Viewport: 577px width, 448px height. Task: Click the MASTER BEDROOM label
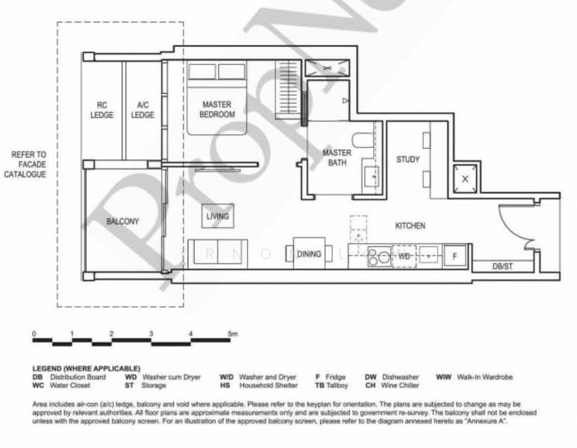[x=216, y=110]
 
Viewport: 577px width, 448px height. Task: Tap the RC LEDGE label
[x=102, y=110]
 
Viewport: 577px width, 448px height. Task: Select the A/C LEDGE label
[x=143, y=110]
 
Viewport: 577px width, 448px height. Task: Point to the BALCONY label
[x=122, y=222]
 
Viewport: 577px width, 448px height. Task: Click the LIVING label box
[x=217, y=217]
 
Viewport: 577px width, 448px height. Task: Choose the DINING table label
[x=309, y=254]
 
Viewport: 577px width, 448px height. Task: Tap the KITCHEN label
[x=410, y=225]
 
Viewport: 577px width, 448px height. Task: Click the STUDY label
[x=408, y=159]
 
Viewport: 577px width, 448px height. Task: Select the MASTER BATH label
[x=337, y=158]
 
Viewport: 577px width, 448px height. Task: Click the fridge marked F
[x=454, y=255]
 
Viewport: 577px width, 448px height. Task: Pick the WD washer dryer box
[x=404, y=255]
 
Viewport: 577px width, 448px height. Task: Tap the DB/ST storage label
[x=502, y=267]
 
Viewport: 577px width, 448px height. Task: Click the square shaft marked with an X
[x=465, y=178]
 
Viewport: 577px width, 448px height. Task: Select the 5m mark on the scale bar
[x=234, y=334]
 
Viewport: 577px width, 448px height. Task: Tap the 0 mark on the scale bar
[x=34, y=334]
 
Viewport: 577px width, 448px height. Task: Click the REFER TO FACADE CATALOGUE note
[x=29, y=164]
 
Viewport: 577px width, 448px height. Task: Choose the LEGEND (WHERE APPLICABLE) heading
[x=86, y=369]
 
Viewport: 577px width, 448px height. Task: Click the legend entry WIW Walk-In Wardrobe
[x=474, y=377]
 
